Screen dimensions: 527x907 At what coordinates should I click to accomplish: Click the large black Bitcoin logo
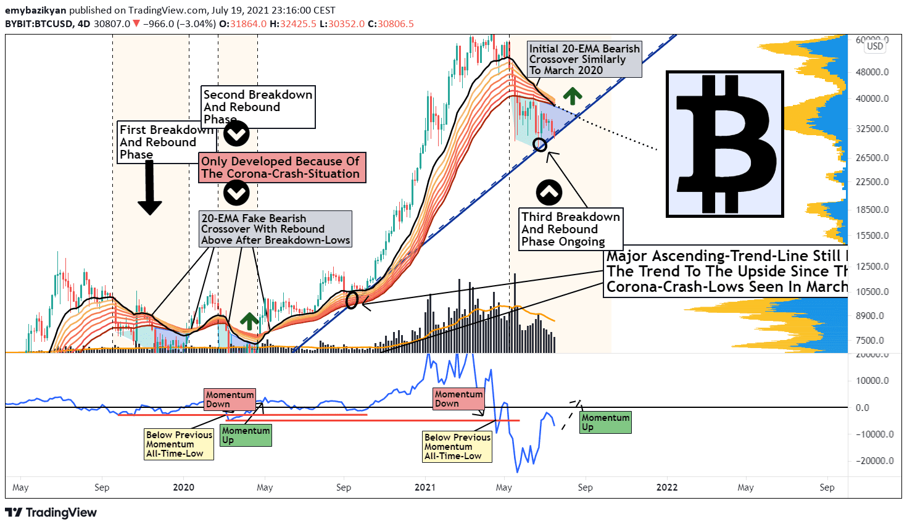pyautogui.click(x=725, y=144)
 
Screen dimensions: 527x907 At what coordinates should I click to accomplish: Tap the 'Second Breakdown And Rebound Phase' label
pyautogui.click(x=259, y=107)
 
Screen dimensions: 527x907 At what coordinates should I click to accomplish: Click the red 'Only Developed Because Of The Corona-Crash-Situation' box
pyautogui.click(x=281, y=168)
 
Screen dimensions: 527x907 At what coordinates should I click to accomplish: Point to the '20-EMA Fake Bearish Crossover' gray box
pyautogui.click(x=275, y=229)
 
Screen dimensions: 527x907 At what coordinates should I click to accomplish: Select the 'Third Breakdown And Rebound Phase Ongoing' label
pyautogui.click(x=570, y=229)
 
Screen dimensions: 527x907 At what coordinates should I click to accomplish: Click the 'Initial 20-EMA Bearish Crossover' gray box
pyautogui.click(x=584, y=59)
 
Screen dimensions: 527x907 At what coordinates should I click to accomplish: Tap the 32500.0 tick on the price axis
pyautogui.click(x=873, y=129)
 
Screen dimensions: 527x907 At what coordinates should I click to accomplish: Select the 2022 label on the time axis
pyautogui.click(x=666, y=488)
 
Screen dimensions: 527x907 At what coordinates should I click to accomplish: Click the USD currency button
pyautogui.click(x=875, y=46)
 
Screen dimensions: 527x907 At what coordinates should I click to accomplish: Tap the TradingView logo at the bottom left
pyautogui.click(x=51, y=513)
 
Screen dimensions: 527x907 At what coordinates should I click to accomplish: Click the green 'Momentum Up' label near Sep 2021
pyautogui.click(x=605, y=423)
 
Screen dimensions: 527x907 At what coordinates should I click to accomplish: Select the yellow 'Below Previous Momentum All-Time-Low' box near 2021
pyautogui.click(x=457, y=447)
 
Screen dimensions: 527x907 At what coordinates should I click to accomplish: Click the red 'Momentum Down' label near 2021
pyautogui.click(x=458, y=399)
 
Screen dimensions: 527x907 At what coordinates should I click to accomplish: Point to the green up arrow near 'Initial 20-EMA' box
pyautogui.click(x=573, y=96)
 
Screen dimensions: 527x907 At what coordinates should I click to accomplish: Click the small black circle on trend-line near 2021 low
pyautogui.click(x=540, y=145)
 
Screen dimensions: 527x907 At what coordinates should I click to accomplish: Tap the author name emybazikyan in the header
pyautogui.click(x=35, y=10)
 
